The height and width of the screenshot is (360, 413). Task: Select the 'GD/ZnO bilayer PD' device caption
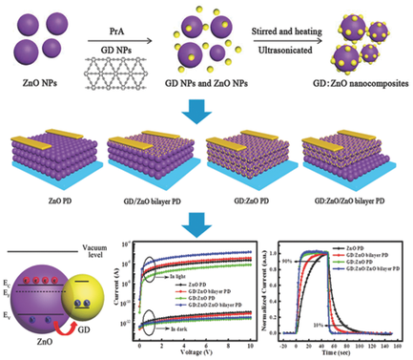(x=153, y=201)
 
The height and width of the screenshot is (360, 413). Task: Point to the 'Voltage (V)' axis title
(x=203, y=353)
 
